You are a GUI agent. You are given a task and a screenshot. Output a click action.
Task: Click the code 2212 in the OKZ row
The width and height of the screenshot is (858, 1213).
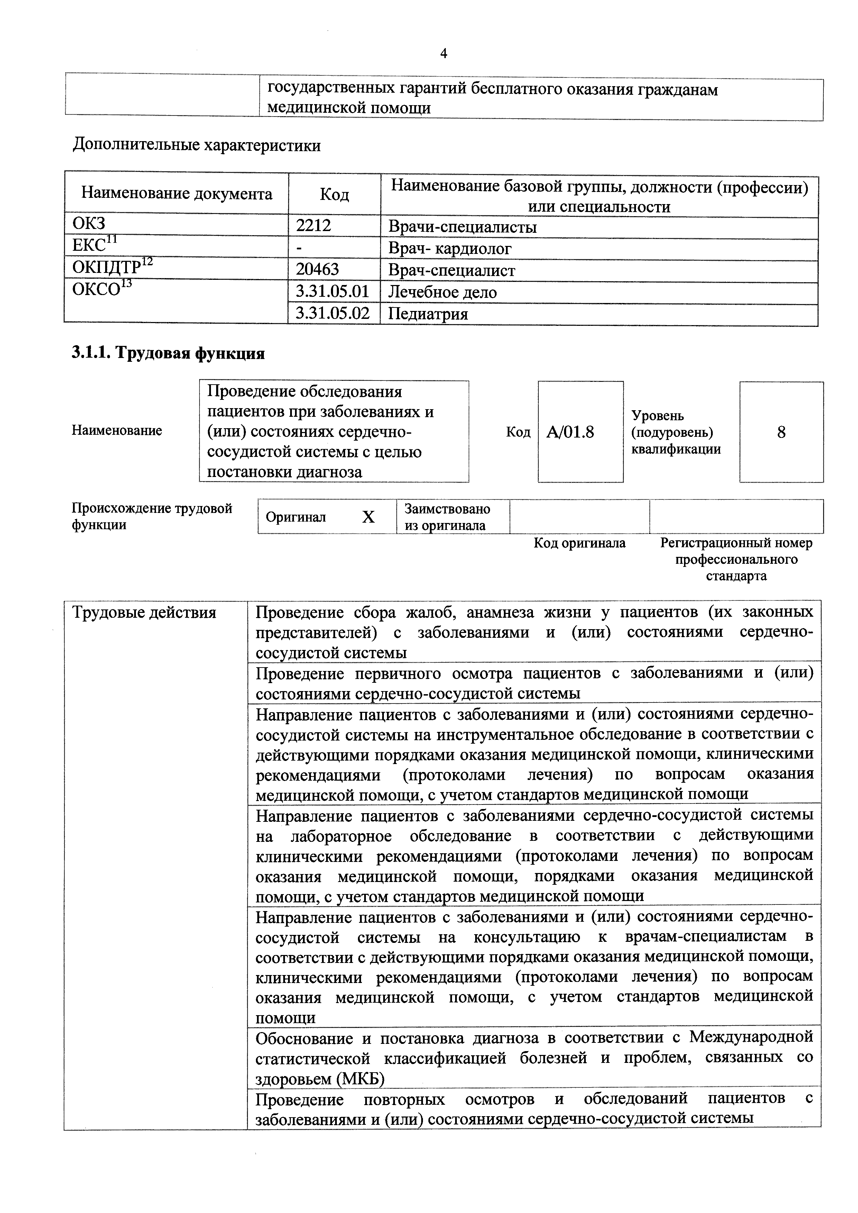(313, 226)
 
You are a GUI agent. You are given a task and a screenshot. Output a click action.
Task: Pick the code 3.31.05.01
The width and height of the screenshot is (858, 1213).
(332, 292)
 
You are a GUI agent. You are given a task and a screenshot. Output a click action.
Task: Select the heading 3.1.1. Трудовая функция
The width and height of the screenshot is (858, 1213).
(168, 353)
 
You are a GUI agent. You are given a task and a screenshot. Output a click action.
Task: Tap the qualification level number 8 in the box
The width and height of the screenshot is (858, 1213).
(781, 432)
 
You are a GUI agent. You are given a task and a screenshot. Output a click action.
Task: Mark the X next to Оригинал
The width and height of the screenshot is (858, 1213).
(368, 517)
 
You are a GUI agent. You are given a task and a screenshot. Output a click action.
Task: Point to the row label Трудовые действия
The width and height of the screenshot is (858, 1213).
(144, 613)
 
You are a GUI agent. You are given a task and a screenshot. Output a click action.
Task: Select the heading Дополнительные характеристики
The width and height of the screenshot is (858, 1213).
(196, 145)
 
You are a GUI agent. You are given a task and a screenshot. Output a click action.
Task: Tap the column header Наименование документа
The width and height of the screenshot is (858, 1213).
(176, 194)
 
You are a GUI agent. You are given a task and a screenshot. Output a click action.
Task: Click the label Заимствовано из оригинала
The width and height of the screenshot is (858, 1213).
(447, 517)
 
